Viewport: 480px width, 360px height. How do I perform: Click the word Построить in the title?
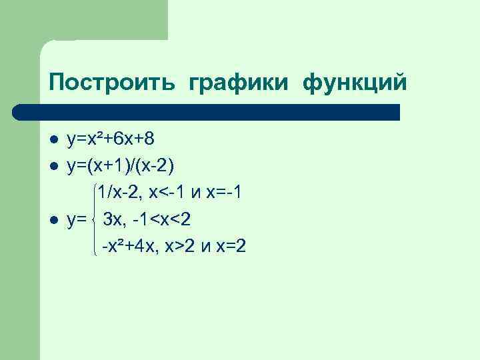(x=111, y=82)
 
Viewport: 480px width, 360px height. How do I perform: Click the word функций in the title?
(x=354, y=83)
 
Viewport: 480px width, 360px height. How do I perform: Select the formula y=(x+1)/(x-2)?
(x=123, y=166)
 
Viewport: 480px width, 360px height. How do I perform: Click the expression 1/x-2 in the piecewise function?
(x=118, y=193)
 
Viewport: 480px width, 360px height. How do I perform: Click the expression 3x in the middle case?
(x=111, y=220)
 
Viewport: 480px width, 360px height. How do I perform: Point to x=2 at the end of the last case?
(x=230, y=247)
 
